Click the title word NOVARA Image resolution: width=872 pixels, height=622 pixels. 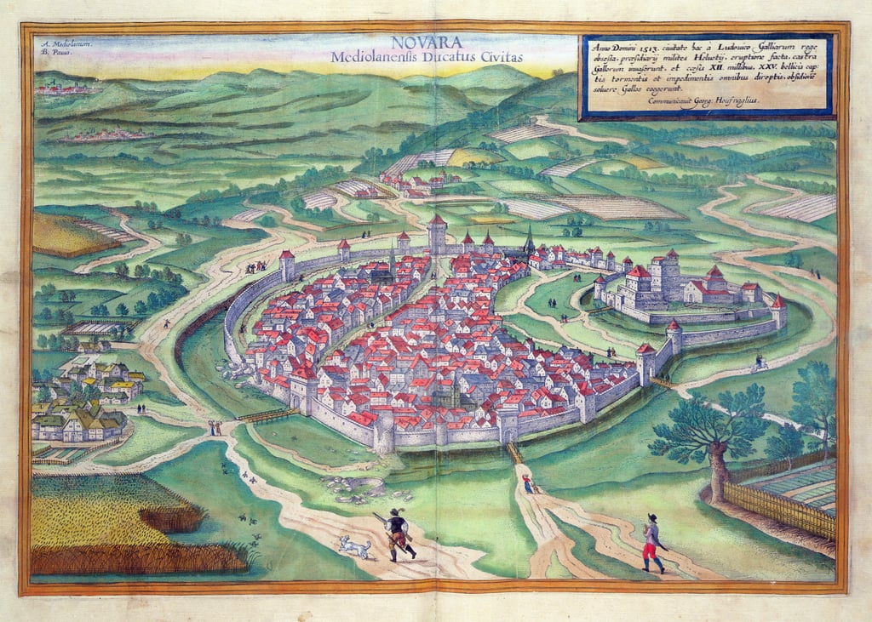(428, 43)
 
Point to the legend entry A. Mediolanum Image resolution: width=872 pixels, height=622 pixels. (65, 43)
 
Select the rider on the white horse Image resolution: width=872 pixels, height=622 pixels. (758, 363)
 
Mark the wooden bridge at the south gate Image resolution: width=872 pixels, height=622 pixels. (515, 453)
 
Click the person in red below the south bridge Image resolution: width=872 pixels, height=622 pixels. (528, 484)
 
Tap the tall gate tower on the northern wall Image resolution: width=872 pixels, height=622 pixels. (437, 235)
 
